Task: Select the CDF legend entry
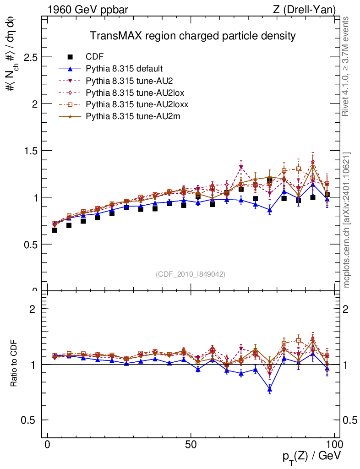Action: point(95,57)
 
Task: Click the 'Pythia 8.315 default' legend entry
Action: point(124,69)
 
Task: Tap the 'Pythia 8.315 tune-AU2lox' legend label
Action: point(135,93)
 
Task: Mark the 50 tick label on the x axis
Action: point(191,445)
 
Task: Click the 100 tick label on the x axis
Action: point(334,445)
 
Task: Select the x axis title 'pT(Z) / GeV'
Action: point(311,457)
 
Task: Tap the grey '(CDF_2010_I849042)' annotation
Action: point(191,274)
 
